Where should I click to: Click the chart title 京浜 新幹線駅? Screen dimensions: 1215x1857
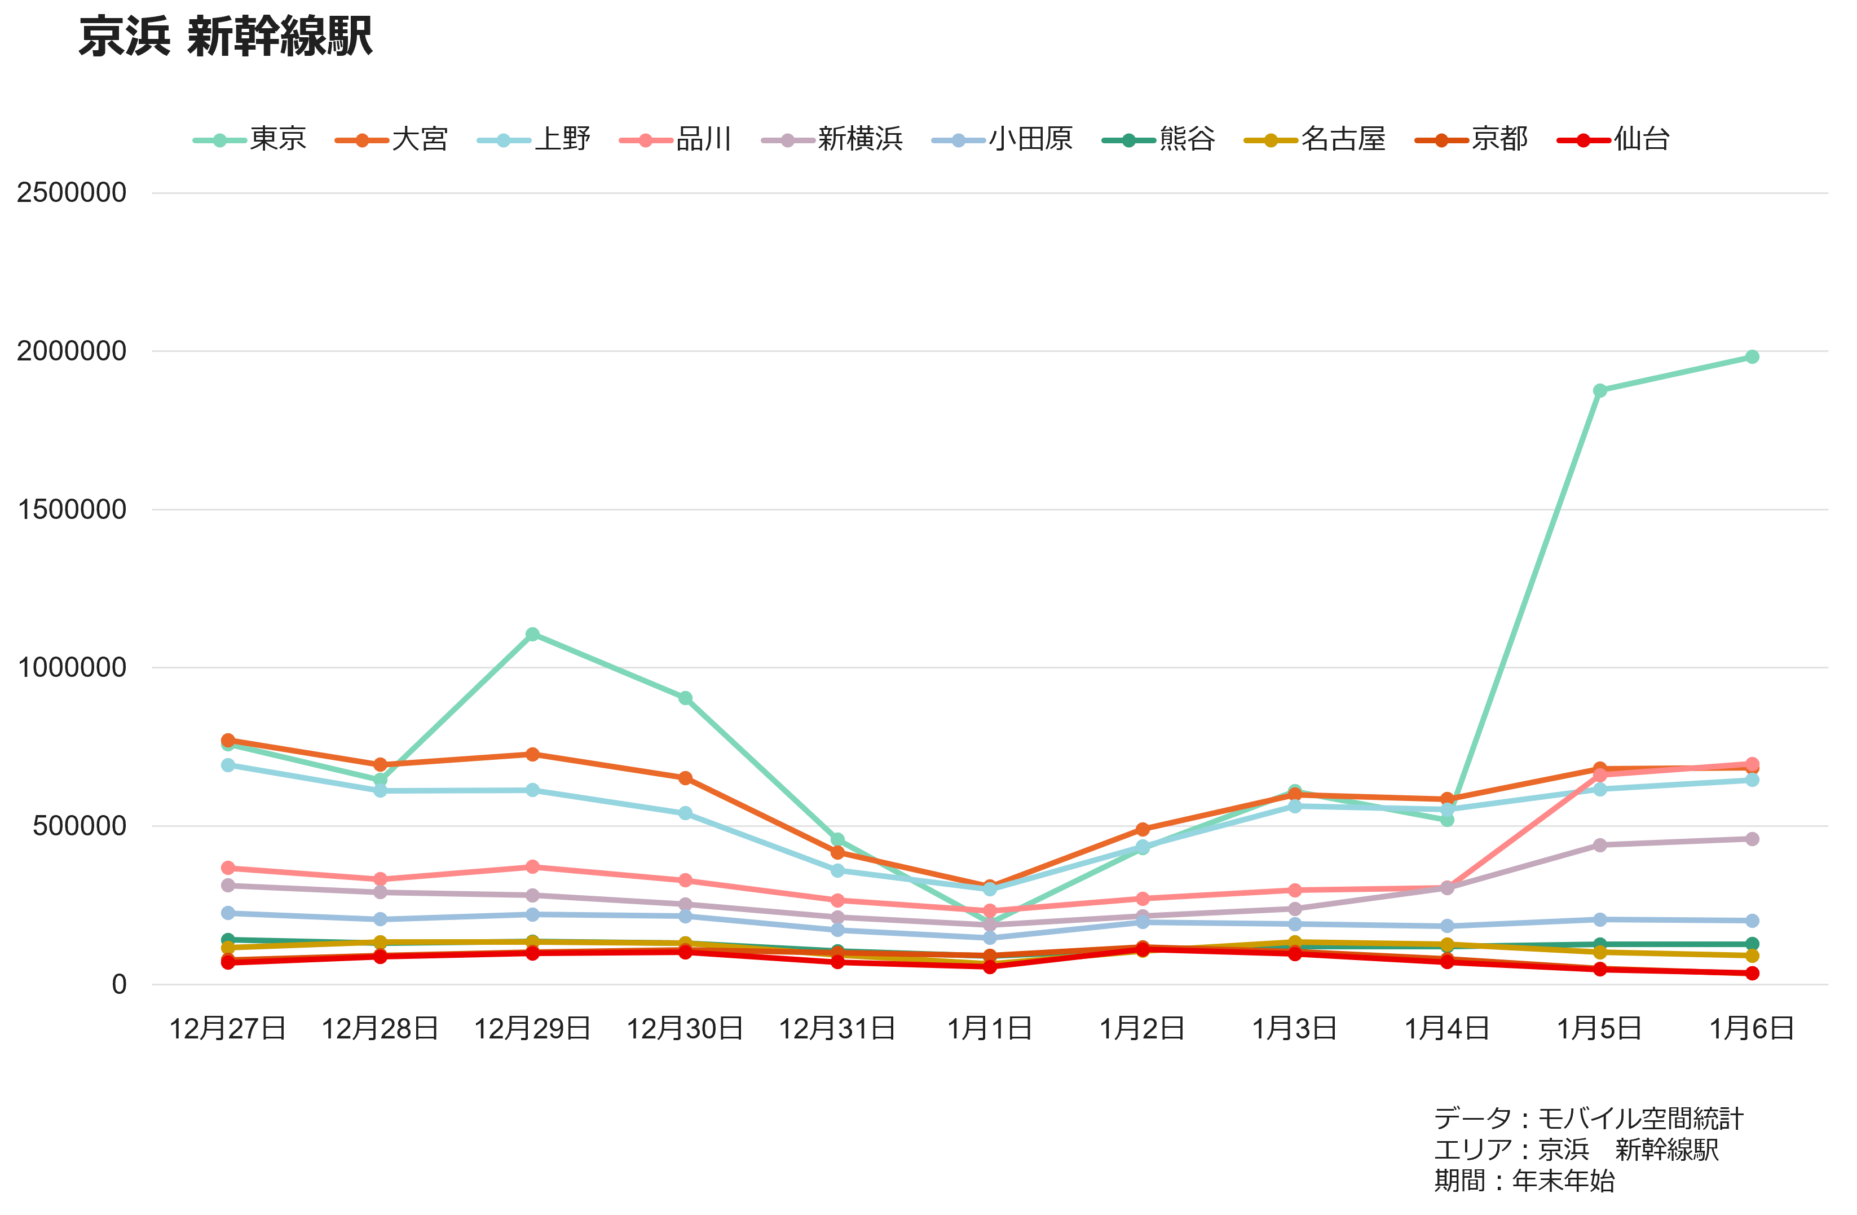point(226,37)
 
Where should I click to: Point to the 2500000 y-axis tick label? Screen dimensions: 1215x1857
point(72,193)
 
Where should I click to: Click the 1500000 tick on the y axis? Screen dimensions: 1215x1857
point(72,509)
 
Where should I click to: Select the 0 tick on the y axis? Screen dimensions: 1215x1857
point(118,984)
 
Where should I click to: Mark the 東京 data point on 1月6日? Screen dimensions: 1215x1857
point(1752,356)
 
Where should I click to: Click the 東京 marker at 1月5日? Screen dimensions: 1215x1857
point(1599,390)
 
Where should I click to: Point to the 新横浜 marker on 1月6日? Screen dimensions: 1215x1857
point(1752,839)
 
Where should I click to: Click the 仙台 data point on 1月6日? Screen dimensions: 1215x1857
point(1752,973)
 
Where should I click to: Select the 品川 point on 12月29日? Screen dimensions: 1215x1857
point(532,867)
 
